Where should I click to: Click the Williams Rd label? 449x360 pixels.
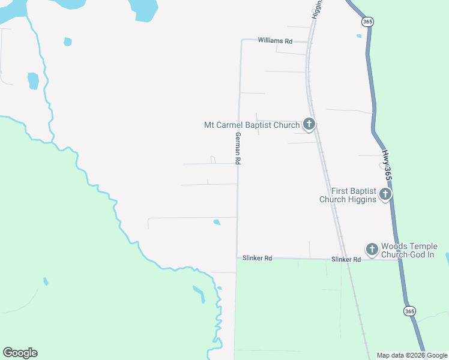click(x=275, y=41)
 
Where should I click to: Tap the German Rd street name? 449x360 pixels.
click(x=238, y=148)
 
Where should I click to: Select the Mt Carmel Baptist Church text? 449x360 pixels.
click(x=252, y=125)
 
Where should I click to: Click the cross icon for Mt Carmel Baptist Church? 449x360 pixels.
click(x=309, y=125)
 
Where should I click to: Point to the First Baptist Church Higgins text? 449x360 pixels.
click(x=348, y=195)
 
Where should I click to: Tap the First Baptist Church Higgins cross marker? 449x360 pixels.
click(x=385, y=194)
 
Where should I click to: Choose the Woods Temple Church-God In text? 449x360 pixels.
click(x=409, y=251)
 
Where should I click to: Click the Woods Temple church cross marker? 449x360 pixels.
click(x=372, y=248)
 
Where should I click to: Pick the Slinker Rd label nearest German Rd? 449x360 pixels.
click(x=258, y=258)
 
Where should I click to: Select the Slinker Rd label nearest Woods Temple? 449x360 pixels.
click(x=346, y=259)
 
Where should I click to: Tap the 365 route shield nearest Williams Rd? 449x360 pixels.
click(x=367, y=22)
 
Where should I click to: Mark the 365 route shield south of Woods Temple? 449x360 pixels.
click(x=409, y=311)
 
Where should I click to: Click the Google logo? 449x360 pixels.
click(x=20, y=353)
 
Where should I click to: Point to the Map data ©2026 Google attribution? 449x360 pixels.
click(x=412, y=355)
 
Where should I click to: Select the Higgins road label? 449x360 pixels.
click(x=317, y=8)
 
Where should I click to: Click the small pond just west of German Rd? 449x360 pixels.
click(x=216, y=223)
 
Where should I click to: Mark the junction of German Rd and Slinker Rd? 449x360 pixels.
click(x=237, y=258)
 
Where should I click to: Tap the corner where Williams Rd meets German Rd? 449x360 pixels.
click(x=242, y=41)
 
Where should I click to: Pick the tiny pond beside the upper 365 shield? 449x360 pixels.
click(x=359, y=36)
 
